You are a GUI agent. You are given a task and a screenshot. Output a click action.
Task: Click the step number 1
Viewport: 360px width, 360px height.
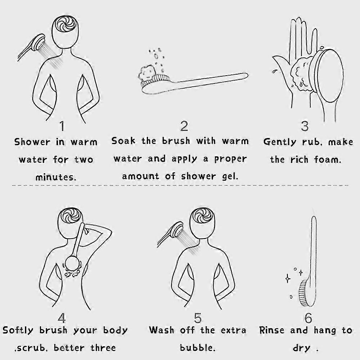[62, 126]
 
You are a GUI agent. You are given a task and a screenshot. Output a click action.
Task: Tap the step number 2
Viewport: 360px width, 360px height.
[184, 126]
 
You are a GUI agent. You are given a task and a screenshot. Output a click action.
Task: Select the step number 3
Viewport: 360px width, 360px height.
[305, 126]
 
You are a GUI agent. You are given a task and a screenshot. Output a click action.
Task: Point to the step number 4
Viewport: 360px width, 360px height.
[62, 318]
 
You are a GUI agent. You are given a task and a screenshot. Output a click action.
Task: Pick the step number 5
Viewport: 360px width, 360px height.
[198, 318]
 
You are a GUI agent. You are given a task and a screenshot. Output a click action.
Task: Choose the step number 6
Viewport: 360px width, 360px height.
[308, 318]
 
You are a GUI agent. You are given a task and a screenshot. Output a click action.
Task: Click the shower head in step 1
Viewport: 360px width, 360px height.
[39, 42]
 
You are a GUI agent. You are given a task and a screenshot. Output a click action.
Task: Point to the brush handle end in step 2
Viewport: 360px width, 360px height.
[245, 75]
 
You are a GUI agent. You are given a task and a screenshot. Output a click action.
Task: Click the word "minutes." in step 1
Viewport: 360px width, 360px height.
[55, 177]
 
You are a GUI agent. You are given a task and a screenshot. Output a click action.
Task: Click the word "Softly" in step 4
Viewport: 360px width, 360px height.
[18, 330]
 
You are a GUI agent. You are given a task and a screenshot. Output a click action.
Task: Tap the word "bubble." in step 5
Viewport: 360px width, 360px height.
[198, 348]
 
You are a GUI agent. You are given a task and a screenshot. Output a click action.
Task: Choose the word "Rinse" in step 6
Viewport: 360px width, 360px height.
[271, 330]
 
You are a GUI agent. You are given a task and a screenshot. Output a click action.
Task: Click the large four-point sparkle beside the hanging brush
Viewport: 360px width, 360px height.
[288, 279]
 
